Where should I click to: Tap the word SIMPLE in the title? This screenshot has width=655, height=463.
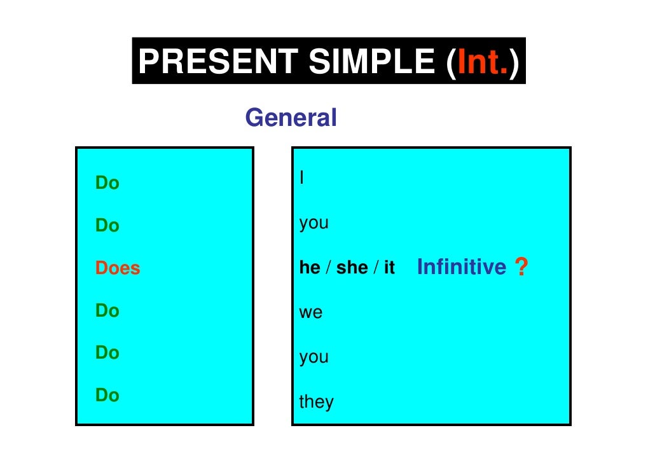371,62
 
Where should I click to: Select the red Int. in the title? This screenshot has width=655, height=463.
481,62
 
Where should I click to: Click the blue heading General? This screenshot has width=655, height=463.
291,118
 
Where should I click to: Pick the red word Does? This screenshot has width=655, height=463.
118,268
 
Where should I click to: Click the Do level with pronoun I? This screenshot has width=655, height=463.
107,183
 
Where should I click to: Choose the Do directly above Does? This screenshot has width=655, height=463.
107,226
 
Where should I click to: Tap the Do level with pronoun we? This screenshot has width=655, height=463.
107,310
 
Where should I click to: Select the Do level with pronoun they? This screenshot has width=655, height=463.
107,396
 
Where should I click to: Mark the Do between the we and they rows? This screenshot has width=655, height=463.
107,352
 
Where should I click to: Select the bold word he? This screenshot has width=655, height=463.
310,268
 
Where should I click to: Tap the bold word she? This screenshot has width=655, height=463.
352,268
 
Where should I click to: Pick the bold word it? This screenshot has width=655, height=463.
389,268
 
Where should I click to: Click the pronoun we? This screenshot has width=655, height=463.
311,313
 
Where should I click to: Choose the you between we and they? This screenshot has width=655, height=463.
314,357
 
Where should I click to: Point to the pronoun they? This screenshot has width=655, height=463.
316,402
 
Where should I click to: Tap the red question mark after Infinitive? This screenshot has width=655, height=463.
521,268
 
